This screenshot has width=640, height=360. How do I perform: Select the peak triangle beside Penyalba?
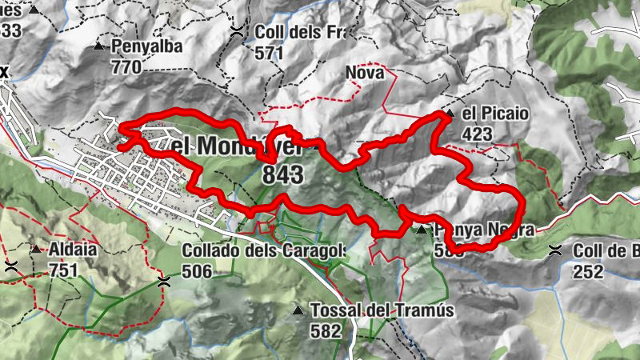point(98,47)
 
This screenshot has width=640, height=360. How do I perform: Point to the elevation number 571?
point(270,53)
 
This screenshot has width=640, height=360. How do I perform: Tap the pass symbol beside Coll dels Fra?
point(238,33)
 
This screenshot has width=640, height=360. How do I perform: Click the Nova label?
point(365,74)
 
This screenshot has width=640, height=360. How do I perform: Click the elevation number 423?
point(478,134)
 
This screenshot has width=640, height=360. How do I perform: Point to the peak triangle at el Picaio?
point(450,114)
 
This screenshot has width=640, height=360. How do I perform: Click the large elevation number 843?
point(282,174)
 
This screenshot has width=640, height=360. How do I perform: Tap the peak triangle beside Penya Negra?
point(422,230)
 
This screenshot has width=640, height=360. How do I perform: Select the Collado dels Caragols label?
point(263,250)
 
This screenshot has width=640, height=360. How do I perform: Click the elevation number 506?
point(197,271)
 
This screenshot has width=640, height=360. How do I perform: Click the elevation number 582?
point(326,330)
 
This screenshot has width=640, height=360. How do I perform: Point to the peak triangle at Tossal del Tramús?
point(298,310)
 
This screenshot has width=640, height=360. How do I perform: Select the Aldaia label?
point(73,250)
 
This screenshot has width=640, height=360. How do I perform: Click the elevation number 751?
point(63,270)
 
